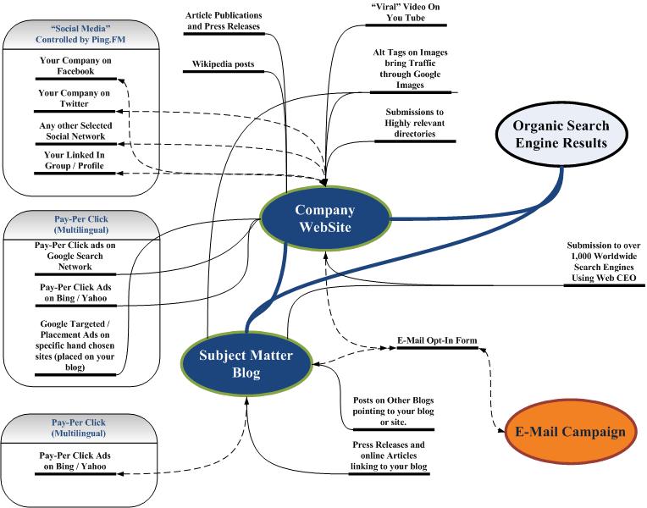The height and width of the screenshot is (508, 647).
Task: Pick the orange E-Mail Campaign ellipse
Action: pos(570,432)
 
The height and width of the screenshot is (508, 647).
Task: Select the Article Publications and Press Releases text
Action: pos(224,21)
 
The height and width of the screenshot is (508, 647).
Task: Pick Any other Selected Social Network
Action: pos(78,130)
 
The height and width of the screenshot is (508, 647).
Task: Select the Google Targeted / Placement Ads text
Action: pos(78,346)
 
